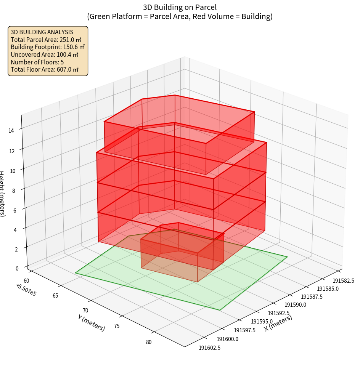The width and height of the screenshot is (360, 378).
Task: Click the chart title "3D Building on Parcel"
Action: point(180,7)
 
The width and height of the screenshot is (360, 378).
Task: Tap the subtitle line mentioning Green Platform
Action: point(180,16)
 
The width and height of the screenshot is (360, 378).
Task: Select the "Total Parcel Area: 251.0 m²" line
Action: point(46,40)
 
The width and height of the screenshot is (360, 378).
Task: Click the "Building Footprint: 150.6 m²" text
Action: point(48,47)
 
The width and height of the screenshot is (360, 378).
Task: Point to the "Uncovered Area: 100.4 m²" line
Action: point(44,54)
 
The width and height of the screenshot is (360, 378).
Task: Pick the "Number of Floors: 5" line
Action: point(37,62)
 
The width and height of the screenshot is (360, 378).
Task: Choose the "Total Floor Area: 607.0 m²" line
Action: point(45,69)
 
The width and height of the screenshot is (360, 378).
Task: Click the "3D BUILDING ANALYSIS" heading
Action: point(42,32)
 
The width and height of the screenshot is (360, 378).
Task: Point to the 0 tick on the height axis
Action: point(17,268)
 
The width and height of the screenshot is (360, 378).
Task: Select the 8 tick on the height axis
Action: point(14,190)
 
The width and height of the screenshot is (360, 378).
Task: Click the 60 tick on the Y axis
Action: point(26,281)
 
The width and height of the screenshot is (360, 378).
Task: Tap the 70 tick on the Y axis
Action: point(85,311)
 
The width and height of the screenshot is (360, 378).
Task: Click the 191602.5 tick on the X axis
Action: point(209,347)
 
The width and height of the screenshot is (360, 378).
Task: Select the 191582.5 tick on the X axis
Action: point(343,281)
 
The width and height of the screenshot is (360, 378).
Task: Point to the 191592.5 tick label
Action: point(278,313)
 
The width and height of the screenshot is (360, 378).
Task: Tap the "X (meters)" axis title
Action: point(278,323)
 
